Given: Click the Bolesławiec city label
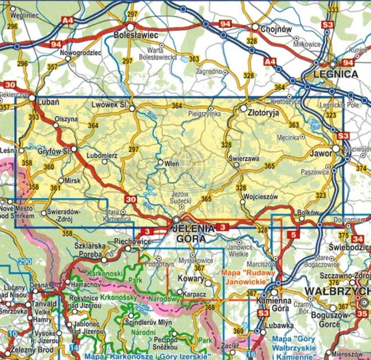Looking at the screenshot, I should pyautogui.click(x=136, y=36).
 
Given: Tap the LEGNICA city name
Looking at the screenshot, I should pyautogui.click(x=336, y=74).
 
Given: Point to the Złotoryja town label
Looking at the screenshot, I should pyautogui.click(x=263, y=113).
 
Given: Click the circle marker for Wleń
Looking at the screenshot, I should pyautogui.click(x=160, y=162).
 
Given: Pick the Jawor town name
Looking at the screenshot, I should pyautogui.click(x=320, y=154).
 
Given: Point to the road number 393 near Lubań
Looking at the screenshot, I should pyautogui.click(x=34, y=117).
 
